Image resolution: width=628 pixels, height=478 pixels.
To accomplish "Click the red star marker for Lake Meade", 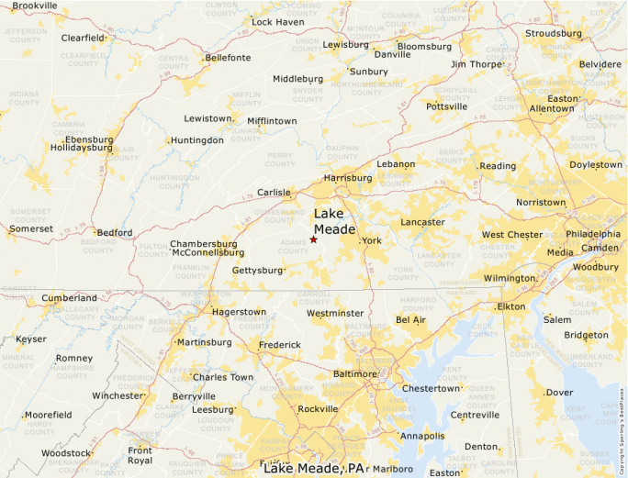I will pyautogui.click(x=313, y=239).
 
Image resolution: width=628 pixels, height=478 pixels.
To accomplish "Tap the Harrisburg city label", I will pyautogui.click(x=347, y=178).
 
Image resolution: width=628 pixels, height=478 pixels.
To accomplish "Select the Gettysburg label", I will pyautogui.click(x=256, y=271).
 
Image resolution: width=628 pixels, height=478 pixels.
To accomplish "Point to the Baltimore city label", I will pyautogui.click(x=354, y=374).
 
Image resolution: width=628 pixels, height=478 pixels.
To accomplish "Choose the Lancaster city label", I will pyautogui.click(x=422, y=222).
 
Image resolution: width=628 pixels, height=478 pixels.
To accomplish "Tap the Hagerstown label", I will pyautogui.click(x=239, y=312).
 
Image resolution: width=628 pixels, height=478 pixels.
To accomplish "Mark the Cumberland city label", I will pyautogui.click(x=68, y=298).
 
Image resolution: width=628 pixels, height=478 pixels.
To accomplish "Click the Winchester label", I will pyautogui.click(x=118, y=396).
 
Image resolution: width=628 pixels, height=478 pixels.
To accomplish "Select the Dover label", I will pyautogui.click(x=559, y=393).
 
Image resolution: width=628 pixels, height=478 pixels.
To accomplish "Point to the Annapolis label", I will pyautogui.click(x=422, y=436).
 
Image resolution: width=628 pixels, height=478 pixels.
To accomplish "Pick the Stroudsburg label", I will pyautogui.click(x=554, y=34).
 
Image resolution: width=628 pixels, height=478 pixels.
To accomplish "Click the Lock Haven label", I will pyautogui.click(x=277, y=21).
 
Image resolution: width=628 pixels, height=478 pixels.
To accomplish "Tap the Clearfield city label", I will pyautogui.click(x=83, y=38).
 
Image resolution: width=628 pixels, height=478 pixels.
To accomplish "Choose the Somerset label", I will pyautogui.click(x=31, y=228).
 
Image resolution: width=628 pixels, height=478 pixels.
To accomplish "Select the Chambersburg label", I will pyautogui.click(x=203, y=244).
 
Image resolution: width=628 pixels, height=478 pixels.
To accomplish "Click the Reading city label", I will pyautogui.click(x=498, y=166).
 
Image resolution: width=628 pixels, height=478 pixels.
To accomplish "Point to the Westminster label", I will pyautogui.click(x=335, y=313).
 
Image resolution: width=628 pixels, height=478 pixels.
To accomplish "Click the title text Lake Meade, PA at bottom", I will pyautogui.click(x=314, y=468).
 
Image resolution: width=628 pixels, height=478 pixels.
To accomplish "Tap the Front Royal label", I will pyautogui.click(x=140, y=456).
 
